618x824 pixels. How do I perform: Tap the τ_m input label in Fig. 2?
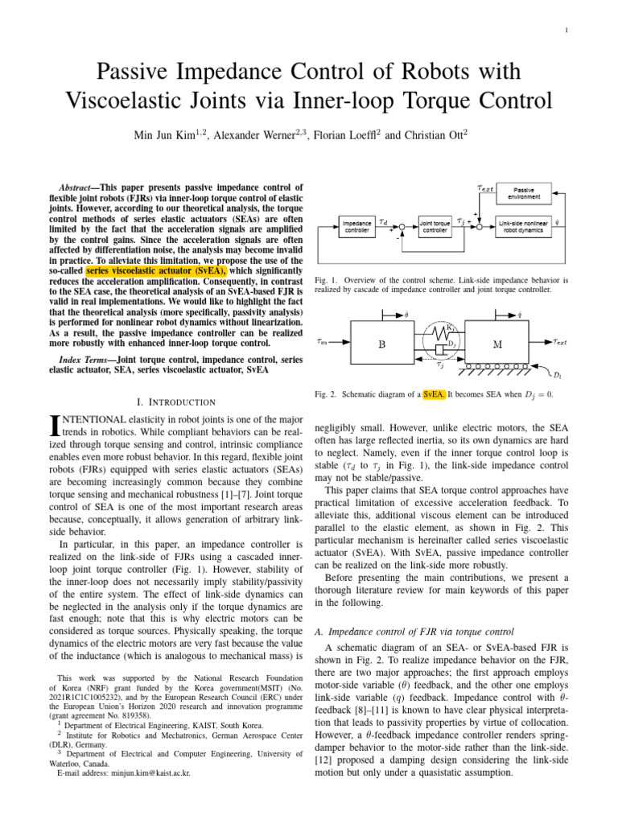(x=321, y=340)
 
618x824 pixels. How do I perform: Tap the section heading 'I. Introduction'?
(x=177, y=401)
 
